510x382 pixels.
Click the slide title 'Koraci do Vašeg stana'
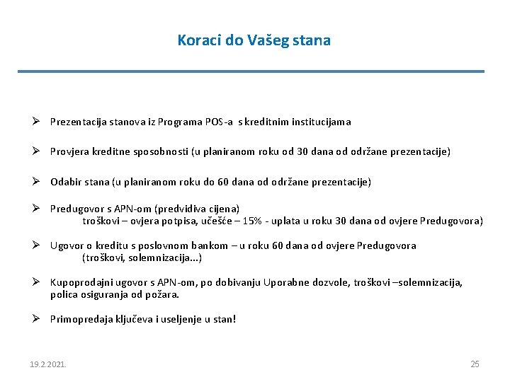pos(254,40)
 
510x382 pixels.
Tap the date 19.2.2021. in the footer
pos(47,364)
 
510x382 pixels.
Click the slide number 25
pos(475,364)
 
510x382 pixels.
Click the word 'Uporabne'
pos(285,283)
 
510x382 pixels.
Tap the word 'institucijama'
pos(320,122)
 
